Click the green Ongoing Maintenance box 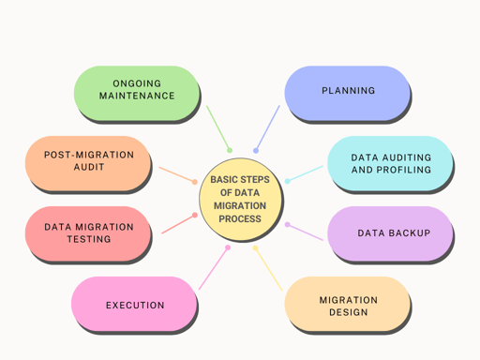coord(137,91)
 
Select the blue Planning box coord(347,91)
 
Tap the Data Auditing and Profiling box coord(390,164)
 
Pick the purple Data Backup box coord(390,232)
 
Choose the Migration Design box coord(347,305)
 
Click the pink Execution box coord(134,305)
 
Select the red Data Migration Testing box coord(88,232)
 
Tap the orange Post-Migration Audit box coord(88,161)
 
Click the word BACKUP coord(409,232)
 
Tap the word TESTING coord(88,239)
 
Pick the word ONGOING coord(137,82)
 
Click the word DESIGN coord(348,312)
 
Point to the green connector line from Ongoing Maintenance coord(218,128)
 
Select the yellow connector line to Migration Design coord(268,268)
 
